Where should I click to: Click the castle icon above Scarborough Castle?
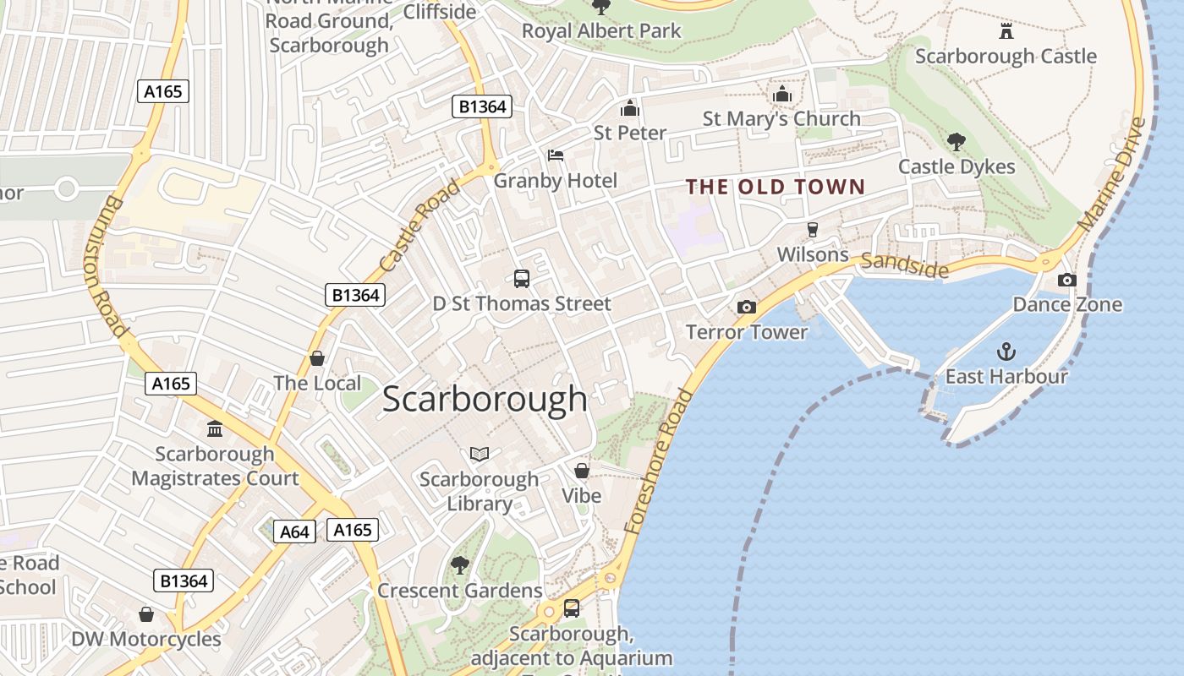click(x=1006, y=31)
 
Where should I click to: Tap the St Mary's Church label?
click(x=781, y=119)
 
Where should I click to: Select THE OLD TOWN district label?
click(x=776, y=187)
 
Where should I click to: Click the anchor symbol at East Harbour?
click(x=1006, y=351)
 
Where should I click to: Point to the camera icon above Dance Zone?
click(x=1067, y=280)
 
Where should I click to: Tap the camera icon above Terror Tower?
click(x=746, y=307)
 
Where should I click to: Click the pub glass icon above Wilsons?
click(x=813, y=230)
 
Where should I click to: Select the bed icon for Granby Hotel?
click(x=556, y=155)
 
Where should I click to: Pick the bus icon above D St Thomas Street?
click(x=522, y=278)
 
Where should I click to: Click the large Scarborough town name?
click(x=485, y=399)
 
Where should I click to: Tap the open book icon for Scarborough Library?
click(x=480, y=455)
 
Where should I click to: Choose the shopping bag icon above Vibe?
click(x=582, y=471)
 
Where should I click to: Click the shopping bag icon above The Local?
click(x=317, y=358)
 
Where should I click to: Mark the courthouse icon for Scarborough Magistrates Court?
click(x=215, y=429)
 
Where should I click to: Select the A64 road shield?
click(x=294, y=532)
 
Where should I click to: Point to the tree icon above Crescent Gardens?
click(x=459, y=564)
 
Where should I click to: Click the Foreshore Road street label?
click(x=658, y=461)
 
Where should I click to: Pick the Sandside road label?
click(x=904, y=265)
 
